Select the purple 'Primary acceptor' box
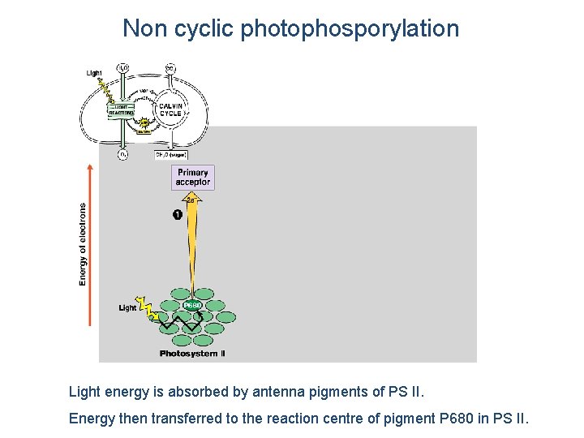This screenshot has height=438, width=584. tap(193, 178)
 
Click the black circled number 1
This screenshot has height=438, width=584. tap(177, 215)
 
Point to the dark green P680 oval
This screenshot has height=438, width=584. tap(192, 305)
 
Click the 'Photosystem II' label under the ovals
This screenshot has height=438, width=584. tap(192, 354)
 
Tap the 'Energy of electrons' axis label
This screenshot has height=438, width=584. tap(83, 243)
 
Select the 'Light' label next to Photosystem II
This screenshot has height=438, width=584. tap(128, 308)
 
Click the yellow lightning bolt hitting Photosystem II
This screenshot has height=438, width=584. tap(146, 308)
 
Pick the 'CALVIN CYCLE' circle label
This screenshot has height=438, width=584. tap(170, 109)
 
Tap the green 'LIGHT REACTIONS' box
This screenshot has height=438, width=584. tap(121, 109)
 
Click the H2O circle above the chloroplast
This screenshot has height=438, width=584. tap(122, 67)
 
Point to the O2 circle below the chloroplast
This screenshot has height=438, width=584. tap(122, 154)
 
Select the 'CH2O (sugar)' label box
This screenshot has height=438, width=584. tap(171, 154)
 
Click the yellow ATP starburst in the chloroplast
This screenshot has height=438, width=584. tap(144, 123)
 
